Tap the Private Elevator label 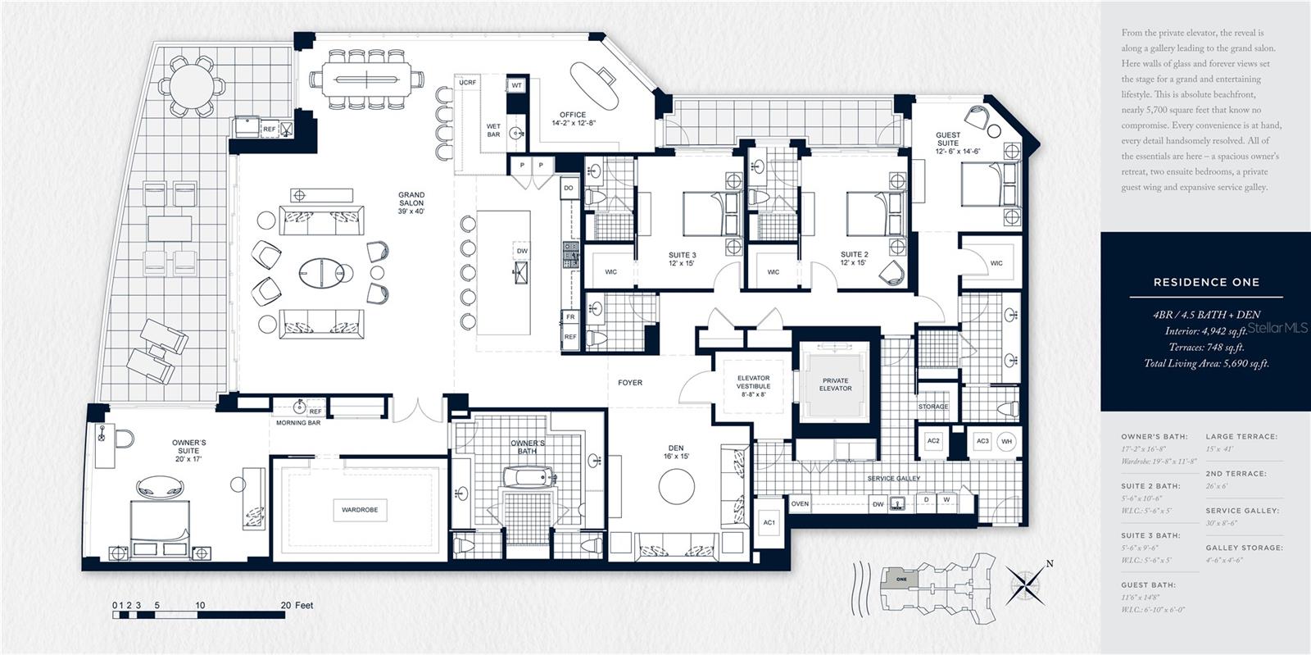point(836,384)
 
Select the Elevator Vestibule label point(753,385)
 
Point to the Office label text point(573,119)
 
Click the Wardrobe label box point(360,510)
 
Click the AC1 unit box point(769,522)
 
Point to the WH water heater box point(1007,441)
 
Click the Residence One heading point(1206,282)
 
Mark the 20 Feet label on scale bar point(297,606)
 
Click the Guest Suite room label point(948,143)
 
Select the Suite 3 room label point(682,258)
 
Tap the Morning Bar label point(298,423)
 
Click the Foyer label point(630,383)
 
